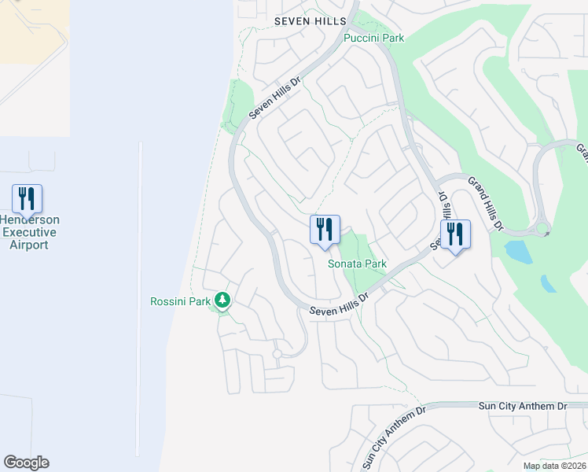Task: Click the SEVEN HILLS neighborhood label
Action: [309, 21]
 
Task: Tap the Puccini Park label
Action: [373, 38]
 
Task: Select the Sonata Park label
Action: [357, 264]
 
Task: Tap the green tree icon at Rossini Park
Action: [223, 300]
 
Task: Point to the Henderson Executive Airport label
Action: [29, 232]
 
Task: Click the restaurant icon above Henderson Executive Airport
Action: [27, 198]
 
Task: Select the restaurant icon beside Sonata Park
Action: [325, 230]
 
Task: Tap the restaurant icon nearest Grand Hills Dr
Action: [455, 234]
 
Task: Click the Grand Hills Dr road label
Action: [484, 204]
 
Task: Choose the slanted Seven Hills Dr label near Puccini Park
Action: [275, 98]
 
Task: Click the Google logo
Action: [26, 463]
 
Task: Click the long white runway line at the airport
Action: [140, 299]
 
